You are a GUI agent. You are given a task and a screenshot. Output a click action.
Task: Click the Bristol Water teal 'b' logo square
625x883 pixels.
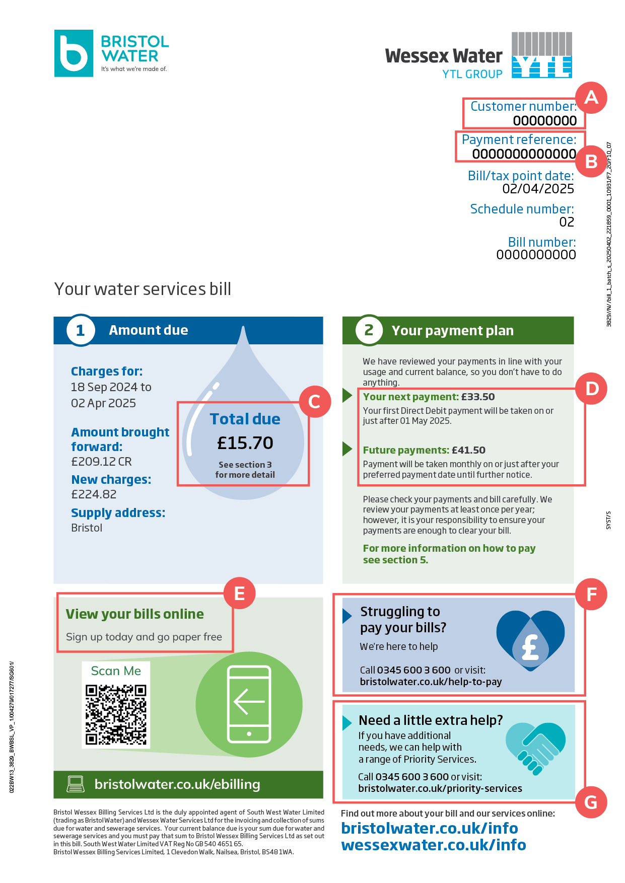click(x=74, y=53)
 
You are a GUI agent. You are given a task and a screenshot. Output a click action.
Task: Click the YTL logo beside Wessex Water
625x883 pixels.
click(x=541, y=55)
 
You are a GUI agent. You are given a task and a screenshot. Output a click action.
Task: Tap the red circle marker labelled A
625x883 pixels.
click(x=591, y=97)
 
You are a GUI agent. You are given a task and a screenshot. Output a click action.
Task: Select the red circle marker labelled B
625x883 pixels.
click(x=591, y=162)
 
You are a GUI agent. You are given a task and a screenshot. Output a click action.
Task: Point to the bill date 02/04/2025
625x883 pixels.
click(x=538, y=189)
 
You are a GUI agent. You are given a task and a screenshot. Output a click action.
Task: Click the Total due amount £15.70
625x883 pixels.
click(x=245, y=443)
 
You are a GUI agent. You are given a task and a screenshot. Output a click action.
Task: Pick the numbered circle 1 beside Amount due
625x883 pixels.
click(x=81, y=330)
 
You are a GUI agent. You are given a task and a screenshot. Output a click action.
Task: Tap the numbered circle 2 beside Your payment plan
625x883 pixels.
click(x=369, y=330)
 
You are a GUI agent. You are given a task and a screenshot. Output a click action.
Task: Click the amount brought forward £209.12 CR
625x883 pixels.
click(x=101, y=462)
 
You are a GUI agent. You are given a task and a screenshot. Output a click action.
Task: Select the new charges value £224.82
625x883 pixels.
click(x=94, y=494)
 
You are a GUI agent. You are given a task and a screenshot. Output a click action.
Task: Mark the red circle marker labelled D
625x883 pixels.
click(x=592, y=389)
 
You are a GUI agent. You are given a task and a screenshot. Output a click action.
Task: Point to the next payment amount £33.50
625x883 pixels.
click(x=478, y=397)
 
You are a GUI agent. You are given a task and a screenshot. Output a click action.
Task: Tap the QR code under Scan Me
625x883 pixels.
click(x=116, y=714)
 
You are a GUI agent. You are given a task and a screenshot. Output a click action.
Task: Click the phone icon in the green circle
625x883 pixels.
click(x=249, y=704)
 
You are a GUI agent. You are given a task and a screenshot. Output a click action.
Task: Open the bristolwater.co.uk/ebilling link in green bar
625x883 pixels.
click(x=177, y=784)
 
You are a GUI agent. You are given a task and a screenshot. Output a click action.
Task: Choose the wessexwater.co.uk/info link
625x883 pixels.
click(x=434, y=845)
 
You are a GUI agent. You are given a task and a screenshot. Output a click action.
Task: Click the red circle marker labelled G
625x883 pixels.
click(x=591, y=802)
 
